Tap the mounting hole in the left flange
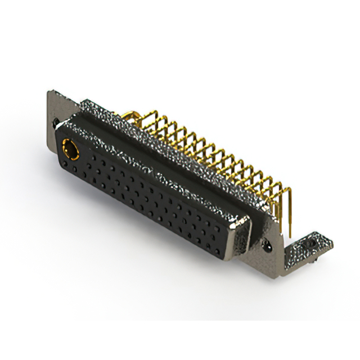55,121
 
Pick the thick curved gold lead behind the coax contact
130,115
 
